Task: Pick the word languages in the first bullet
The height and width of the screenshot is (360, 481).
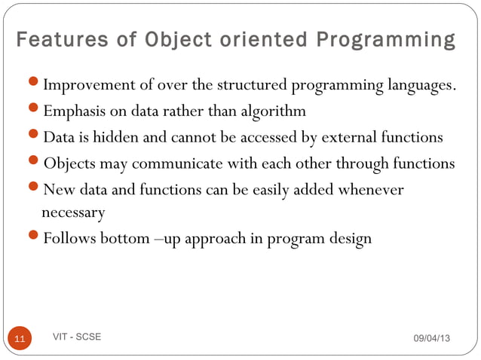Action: tap(420, 84)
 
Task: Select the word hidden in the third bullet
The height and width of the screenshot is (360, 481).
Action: tap(117, 138)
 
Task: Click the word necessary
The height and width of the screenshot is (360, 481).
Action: tap(73, 213)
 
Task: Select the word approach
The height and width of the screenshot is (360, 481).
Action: tap(215, 240)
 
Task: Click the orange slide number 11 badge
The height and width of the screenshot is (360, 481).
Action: tap(20, 340)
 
